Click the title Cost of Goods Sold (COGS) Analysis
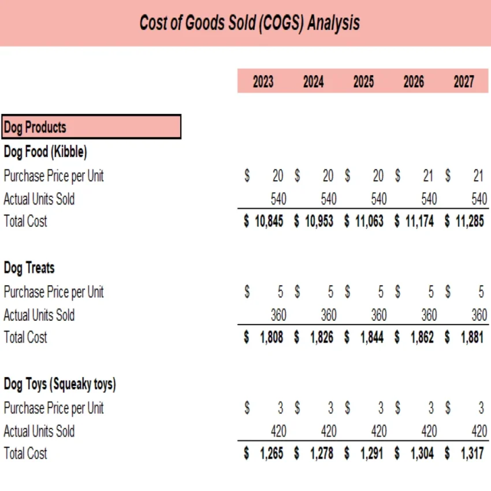[250, 23]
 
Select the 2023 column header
[263, 82]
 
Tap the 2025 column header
[363, 82]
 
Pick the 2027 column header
[464, 82]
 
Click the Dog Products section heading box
[91, 127]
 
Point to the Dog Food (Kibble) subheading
[45, 152]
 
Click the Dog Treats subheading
[29, 268]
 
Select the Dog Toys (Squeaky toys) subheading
[59, 384]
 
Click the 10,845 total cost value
[269, 222]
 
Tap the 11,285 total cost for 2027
[470, 222]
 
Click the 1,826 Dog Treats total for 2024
[322, 338]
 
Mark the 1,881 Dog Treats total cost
[473, 338]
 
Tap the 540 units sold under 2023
[278, 199]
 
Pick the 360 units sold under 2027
[479, 315]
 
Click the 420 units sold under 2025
[379, 432]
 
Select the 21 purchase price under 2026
[427, 176]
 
